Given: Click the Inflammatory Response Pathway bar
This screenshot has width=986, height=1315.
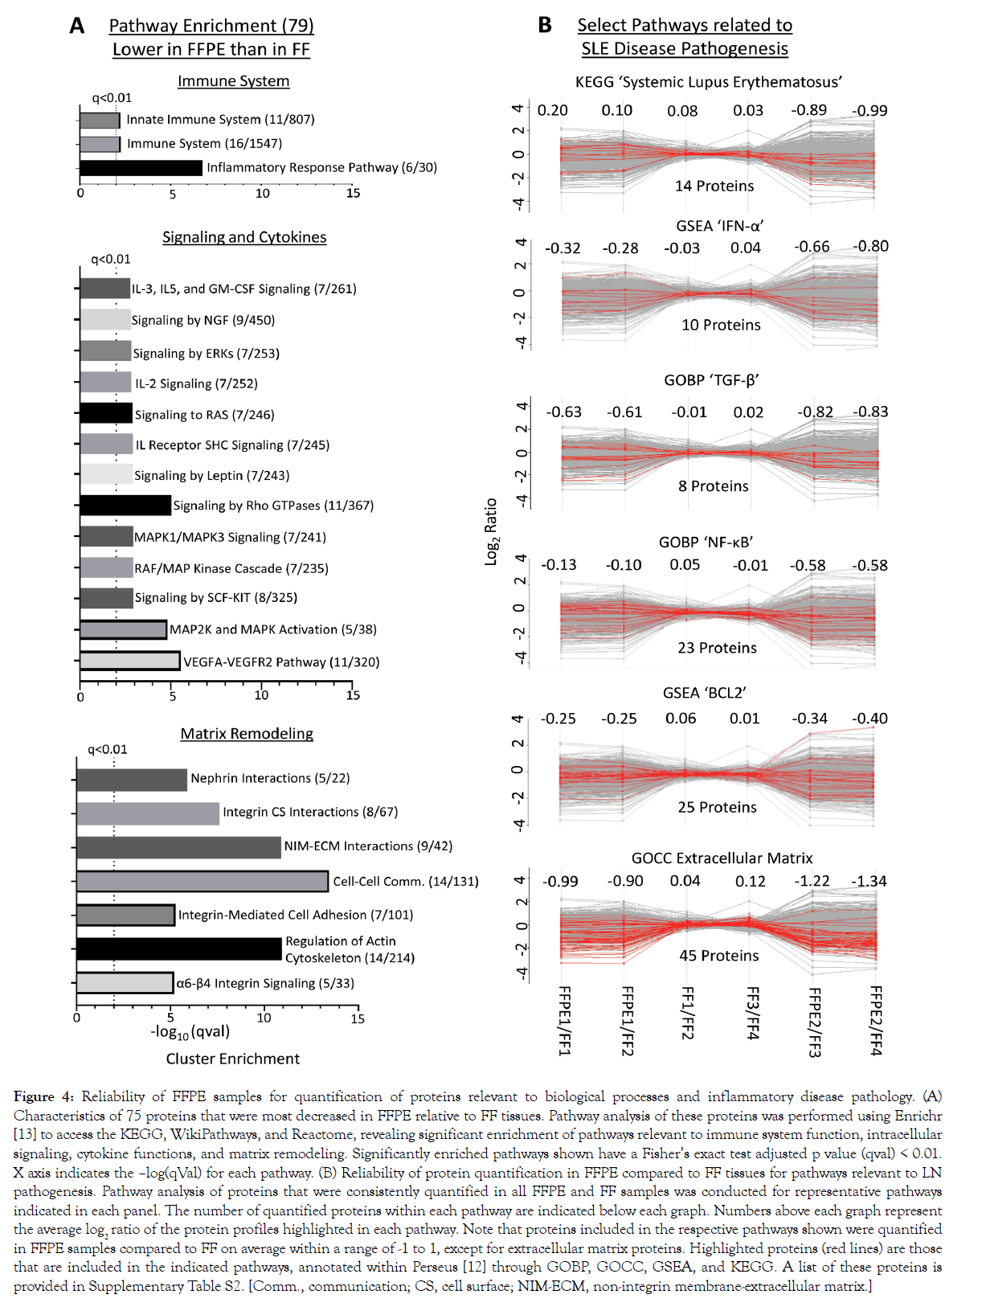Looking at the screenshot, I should point(141,168).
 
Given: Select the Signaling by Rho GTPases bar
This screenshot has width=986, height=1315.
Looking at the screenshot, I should point(125,506).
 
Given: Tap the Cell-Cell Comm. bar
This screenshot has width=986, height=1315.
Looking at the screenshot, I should point(203,882).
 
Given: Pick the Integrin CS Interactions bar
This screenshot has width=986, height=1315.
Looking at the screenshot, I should point(148,813).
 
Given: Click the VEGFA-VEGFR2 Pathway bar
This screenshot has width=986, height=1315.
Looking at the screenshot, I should point(129,662).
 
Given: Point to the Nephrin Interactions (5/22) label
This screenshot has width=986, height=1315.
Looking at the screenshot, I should point(270,778).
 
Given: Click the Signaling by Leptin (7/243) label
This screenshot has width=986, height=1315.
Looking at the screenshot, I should point(211,476).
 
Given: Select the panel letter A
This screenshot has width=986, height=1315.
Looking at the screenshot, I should point(77,27).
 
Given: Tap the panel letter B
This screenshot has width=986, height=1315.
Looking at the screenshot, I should point(545,26).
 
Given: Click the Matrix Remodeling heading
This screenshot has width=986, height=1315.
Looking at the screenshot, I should point(247,734).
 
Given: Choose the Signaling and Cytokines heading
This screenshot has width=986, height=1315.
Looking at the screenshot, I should point(244,237).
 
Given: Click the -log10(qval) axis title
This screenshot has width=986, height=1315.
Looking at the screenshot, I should point(190,1032).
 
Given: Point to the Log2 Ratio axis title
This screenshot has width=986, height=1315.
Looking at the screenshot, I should point(492,532).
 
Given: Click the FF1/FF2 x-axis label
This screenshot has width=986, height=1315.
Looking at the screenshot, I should point(688,1014).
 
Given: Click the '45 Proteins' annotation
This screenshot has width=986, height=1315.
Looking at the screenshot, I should point(719,956).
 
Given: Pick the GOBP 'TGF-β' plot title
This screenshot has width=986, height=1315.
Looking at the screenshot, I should point(711,380).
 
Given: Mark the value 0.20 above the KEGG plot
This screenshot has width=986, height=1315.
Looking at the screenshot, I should point(552,111).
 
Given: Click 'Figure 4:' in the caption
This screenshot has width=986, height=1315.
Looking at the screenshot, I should point(43,1097).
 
